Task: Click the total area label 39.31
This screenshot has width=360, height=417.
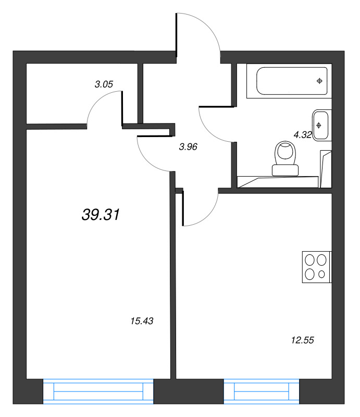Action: pyautogui.click(x=101, y=214)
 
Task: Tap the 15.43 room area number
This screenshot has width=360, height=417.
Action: pyautogui.click(x=142, y=321)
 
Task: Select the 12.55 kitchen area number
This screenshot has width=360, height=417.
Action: pyautogui.click(x=303, y=340)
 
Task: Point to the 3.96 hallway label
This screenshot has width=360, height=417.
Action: pyautogui.click(x=188, y=146)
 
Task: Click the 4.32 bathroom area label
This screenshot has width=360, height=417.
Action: pyautogui.click(x=303, y=135)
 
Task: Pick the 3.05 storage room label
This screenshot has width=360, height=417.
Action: pyautogui.click(x=104, y=84)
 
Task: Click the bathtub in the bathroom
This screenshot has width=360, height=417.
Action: pyautogui.click(x=292, y=81)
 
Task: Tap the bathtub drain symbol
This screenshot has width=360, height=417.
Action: pyautogui.click(x=319, y=81)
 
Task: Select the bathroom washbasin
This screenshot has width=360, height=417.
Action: pyautogui.click(x=320, y=125)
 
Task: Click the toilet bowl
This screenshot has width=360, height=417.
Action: pyautogui.click(x=285, y=153)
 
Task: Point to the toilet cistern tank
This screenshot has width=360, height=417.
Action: pyautogui.click(x=285, y=170)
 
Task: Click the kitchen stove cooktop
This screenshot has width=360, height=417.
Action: pyautogui.click(x=317, y=267)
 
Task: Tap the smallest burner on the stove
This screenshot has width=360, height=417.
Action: pyautogui.click(x=322, y=274)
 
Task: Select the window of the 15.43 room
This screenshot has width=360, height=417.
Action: pyautogui.click(x=98, y=391)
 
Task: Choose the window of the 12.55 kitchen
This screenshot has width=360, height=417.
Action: pyautogui.click(x=262, y=391)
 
